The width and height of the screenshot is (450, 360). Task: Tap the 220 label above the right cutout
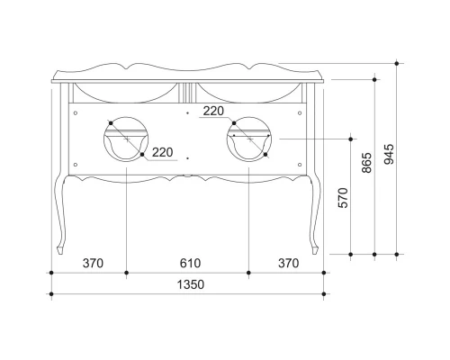212,112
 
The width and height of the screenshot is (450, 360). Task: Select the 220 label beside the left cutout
162,152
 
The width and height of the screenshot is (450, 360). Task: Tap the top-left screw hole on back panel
76,114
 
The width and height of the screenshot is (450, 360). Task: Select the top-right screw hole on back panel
301,114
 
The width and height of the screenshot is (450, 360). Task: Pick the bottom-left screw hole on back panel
76,163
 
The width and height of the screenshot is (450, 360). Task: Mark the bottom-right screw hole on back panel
301,163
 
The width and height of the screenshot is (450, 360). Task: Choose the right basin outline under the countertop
248,91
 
